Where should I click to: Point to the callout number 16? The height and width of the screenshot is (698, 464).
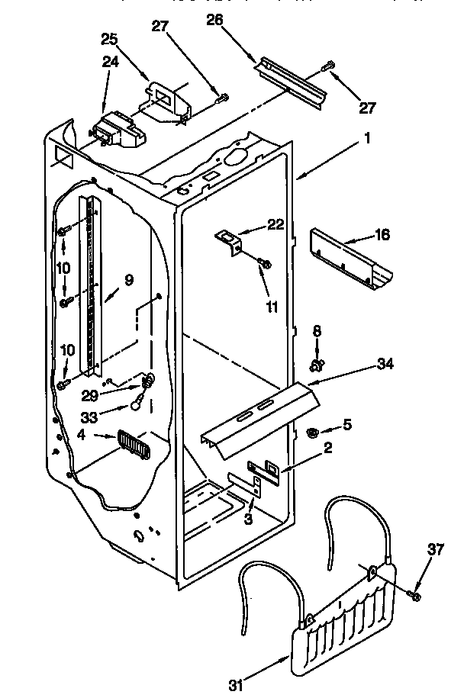[382, 234]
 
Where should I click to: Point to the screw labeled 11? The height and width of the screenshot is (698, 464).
[263, 264]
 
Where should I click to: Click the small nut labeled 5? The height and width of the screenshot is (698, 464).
[312, 433]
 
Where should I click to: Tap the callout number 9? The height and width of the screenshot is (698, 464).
[127, 280]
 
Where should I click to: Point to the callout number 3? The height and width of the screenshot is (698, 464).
[248, 520]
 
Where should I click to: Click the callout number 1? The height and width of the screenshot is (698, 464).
[366, 140]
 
